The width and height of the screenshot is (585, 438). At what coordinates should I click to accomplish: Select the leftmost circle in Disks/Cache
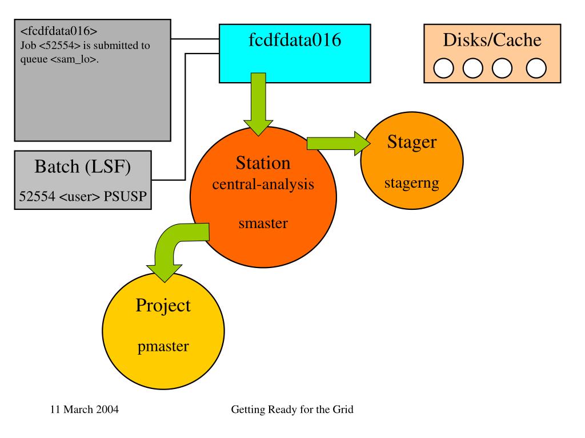(x=444, y=69)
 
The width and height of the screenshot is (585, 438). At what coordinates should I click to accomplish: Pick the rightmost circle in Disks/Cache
(x=536, y=69)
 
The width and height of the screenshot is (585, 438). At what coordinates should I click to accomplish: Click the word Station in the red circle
(x=263, y=164)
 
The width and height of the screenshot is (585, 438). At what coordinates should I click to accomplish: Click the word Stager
(x=411, y=142)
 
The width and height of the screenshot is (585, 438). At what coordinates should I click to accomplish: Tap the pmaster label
(x=163, y=346)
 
